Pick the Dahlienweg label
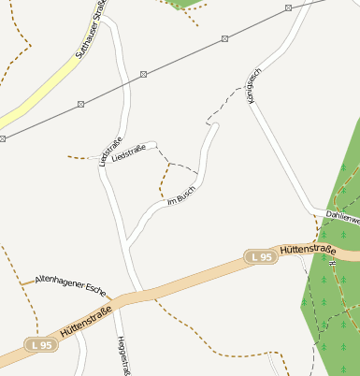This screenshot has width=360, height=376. pyautogui.click(x=342, y=216)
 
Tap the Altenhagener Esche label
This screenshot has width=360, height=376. pyautogui.click(x=71, y=281)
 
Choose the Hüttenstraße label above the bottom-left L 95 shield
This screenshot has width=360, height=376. pyautogui.click(x=86, y=321)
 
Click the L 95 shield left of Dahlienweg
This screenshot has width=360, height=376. pyautogui.click(x=261, y=256)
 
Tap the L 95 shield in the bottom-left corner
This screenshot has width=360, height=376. pyautogui.click(x=40, y=345)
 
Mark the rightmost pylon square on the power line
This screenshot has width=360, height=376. pyautogui.click(x=289, y=7)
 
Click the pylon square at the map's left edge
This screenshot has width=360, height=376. pyautogui.click(x=3, y=138)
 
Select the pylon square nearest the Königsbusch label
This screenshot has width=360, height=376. pyautogui.click(x=225, y=38)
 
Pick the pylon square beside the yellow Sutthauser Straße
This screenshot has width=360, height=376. pyautogui.click(x=80, y=103)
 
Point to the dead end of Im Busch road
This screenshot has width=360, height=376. pyautogui.click(x=216, y=124)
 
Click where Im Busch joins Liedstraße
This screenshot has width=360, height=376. pyautogui.click(x=126, y=246)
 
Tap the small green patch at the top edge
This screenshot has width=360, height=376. pyautogui.click(x=182, y=4)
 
